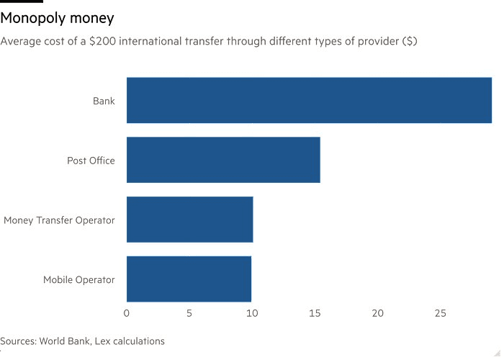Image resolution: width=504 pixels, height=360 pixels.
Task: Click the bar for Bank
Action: click(309, 100)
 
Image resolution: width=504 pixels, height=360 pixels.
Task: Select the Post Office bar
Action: click(223, 160)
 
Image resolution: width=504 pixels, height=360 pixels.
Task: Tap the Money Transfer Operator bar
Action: click(189, 220)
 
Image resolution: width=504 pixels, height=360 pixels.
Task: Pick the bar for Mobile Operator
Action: click(189, 279)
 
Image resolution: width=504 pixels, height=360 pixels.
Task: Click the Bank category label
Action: click(104, 101)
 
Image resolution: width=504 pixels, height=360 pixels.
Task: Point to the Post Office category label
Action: click(91, 161)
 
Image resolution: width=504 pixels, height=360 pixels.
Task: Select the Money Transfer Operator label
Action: click(59, 220)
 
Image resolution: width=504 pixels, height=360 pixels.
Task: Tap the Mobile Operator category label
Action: click(78, 279)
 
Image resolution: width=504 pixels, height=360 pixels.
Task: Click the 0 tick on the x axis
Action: click(127, 313)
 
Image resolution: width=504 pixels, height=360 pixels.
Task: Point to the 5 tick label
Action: click(189, 313)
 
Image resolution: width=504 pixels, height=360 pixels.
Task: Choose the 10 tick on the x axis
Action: click(252, 313)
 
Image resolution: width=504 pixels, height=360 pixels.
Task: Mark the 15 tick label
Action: click(315, 313)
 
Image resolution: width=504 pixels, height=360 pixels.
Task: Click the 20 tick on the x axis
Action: click(377, 313)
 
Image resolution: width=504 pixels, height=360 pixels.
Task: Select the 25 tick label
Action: click(440, 313)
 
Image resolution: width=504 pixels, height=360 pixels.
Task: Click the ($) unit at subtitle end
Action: click(409, 41)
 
